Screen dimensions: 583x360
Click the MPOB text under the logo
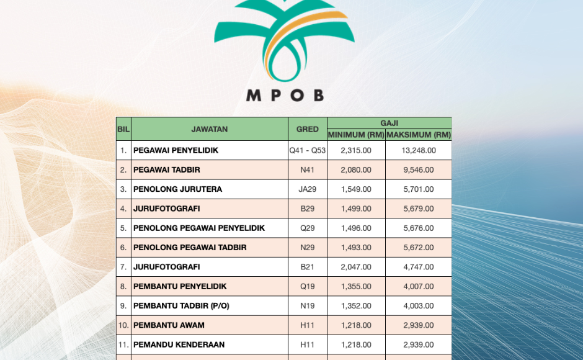[285, 96]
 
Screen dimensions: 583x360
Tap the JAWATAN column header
[210, 130]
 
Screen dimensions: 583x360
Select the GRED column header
[308, 130]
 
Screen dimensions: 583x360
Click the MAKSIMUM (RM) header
[419, 135]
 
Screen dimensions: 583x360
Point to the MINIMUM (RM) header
[356, 135]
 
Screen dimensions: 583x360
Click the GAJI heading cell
[389, 124]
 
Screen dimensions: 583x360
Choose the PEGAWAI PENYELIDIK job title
[176, 150]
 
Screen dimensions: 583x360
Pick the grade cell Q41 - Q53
[308, 150]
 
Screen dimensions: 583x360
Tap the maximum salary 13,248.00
[419, 150]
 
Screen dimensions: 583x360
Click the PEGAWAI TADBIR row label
[167, 169]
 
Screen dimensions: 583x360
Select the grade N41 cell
[308, 169]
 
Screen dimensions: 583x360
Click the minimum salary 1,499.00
[356, 209]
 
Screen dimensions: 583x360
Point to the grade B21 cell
[308, 267]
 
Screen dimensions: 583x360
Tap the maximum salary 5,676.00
[419, 228]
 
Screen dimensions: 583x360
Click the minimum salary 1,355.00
[356, 286]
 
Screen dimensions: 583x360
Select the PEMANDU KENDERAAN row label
[179, 344]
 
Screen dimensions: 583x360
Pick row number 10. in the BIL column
[123, 325]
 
